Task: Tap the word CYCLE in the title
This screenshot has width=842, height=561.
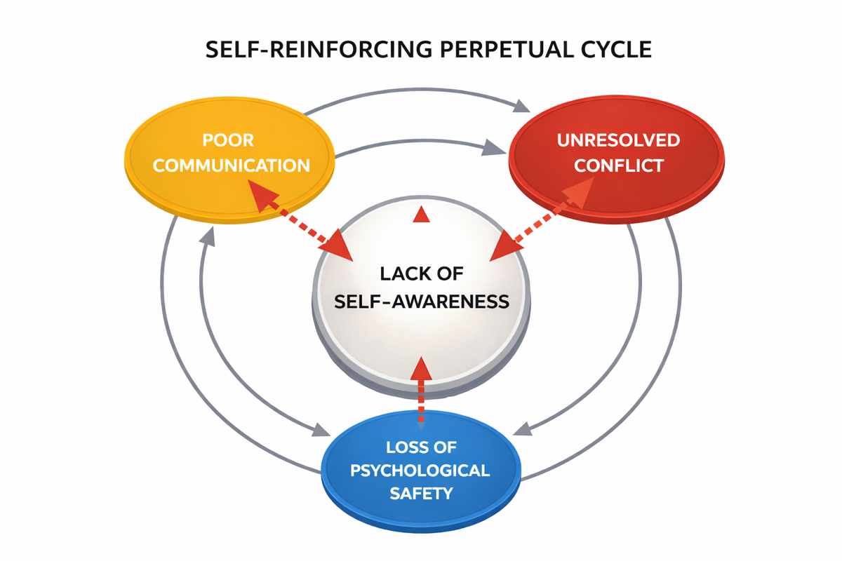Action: coord(611,50)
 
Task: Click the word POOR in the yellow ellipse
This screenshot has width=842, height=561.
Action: coord(228,140)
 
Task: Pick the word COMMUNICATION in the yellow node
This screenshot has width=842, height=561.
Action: coord(232,165)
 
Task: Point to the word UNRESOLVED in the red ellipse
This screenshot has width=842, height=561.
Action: coord(618,140)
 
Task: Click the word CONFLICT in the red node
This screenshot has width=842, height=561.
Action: coord(618,165)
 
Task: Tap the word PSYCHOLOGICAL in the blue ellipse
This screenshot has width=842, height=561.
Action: coord(420,470)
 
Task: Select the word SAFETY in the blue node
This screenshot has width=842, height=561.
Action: coord(420,493)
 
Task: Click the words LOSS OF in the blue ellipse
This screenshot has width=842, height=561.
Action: coord(420,447)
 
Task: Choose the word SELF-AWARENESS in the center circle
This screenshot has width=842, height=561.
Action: coord(421,302)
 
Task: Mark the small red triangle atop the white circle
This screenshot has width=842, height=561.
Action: coord(421,215)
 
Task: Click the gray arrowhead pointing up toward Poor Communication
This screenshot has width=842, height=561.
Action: coord(206,236)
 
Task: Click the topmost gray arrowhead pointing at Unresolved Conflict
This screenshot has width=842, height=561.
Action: coord(521,106)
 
